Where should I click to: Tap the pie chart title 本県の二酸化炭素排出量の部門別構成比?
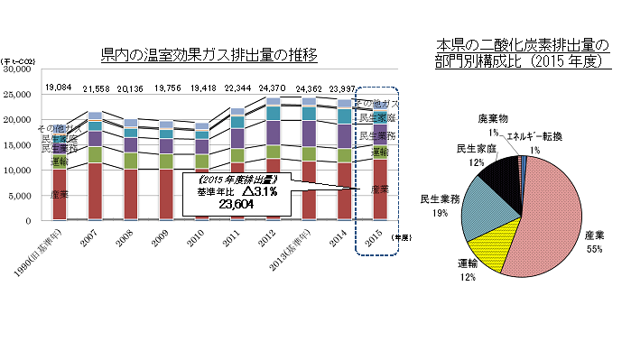pos(522,51)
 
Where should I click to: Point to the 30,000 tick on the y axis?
pos(17,69)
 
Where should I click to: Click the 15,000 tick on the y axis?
pos(17,144)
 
